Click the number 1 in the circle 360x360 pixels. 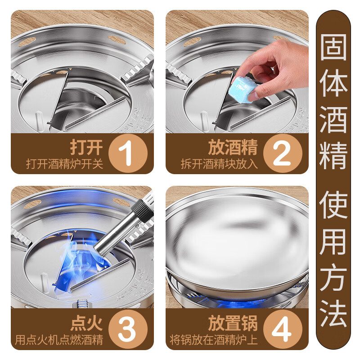tap(128, 153)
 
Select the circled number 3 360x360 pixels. tap(128, 329)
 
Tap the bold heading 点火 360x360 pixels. tap(86, 323)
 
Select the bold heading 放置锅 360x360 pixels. tap(233, 323)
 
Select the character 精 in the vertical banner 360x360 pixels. tap(333, 155)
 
